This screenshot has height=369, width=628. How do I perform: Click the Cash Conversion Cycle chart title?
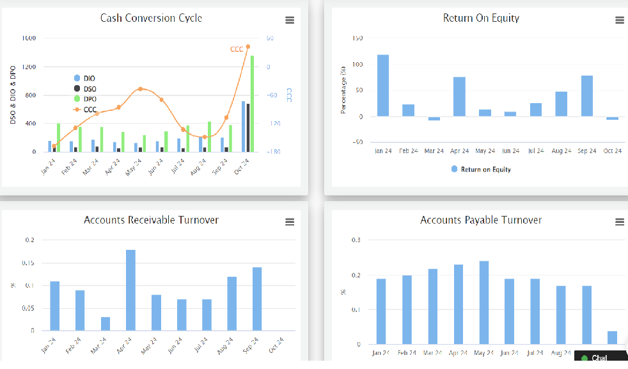151,18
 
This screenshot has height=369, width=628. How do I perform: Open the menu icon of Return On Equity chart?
619,20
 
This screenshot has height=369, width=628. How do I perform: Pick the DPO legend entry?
89,99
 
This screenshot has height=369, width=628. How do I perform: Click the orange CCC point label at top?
237,49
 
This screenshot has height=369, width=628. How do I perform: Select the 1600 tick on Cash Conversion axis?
29,38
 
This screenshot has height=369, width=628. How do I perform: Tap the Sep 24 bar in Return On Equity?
587,95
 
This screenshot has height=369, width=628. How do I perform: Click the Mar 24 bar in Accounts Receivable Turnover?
105,324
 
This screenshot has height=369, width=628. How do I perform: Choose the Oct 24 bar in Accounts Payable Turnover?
612,338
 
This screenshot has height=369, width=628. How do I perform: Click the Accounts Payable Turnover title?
480,220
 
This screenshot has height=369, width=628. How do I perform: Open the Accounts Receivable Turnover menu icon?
290,222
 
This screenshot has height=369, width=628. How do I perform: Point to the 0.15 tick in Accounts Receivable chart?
29,263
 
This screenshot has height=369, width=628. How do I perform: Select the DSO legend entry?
89,88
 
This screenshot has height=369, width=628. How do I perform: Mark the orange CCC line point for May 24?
141,89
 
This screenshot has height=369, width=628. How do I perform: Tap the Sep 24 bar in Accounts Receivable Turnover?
257,299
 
